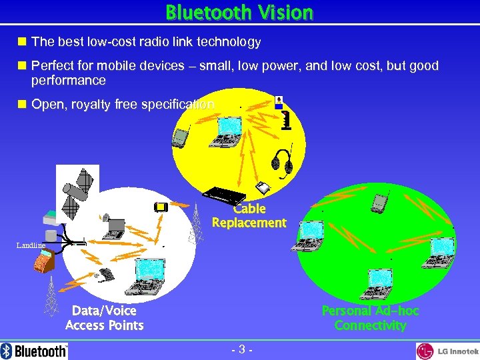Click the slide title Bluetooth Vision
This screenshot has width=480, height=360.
tap(239, 12)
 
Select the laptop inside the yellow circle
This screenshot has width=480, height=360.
tap(226, 132)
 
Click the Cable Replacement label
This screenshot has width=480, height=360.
tap(249, 216)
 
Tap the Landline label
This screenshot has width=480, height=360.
tap(31, 245)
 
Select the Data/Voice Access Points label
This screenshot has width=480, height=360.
tap(105, 318)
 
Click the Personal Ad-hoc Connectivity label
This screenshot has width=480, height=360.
tap(370, 318)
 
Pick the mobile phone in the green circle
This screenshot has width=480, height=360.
tap(379, 202)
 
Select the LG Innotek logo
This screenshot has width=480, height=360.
tap(447, 351)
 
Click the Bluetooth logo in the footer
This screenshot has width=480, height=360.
tap(35, 351)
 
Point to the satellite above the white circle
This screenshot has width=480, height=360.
tap(78, 186)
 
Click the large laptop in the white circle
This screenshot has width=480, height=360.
tap(149, 276)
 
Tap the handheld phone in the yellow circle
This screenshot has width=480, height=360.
tap(178, 137)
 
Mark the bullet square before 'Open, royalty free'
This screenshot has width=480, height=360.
tap(22, 105)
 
